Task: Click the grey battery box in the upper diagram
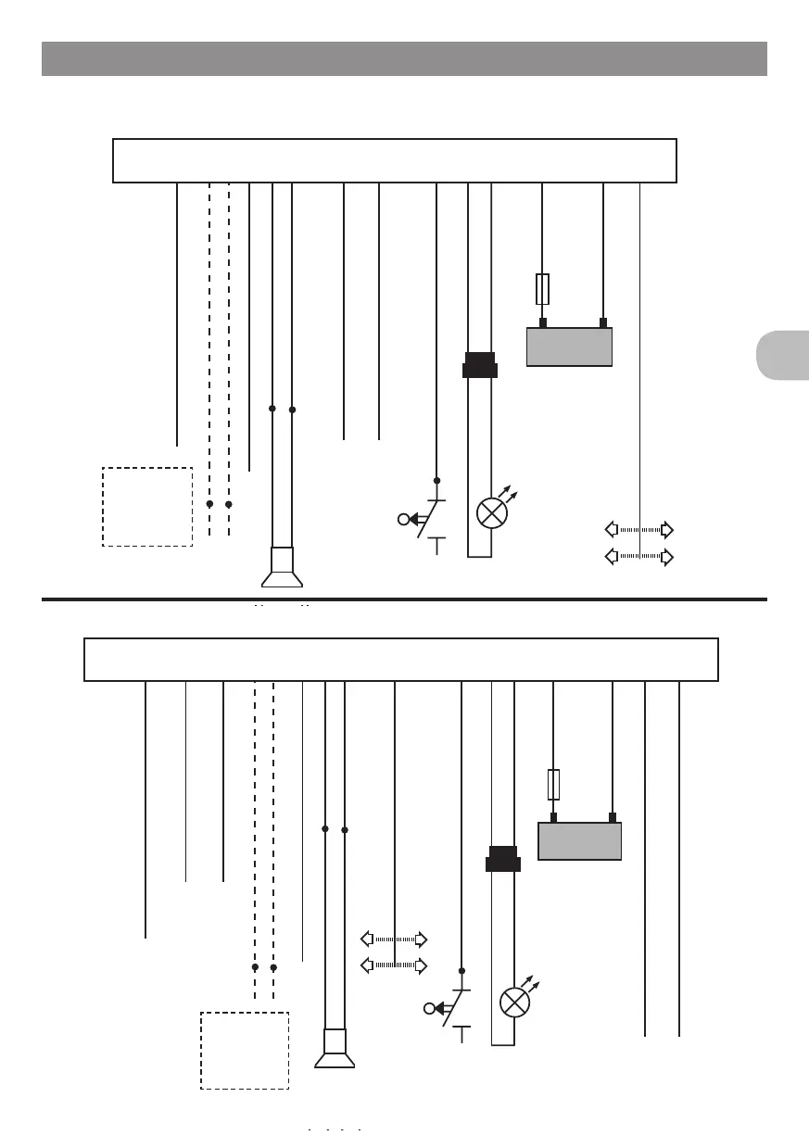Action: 569,347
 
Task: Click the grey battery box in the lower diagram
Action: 579,841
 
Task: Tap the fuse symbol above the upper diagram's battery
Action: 542,289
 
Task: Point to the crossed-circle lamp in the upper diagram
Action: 490,512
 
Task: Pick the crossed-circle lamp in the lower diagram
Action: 514,1002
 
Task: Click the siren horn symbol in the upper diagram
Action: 283,568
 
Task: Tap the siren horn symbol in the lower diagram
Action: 335,1049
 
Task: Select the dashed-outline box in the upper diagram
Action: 147,507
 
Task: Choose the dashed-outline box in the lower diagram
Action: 245,1050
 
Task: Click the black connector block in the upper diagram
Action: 479,366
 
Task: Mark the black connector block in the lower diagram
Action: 503,859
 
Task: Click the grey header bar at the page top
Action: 404,58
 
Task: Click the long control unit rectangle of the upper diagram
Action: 395,161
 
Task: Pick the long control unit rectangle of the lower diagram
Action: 401,660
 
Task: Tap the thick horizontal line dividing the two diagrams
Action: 404,599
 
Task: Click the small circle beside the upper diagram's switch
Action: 403,519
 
